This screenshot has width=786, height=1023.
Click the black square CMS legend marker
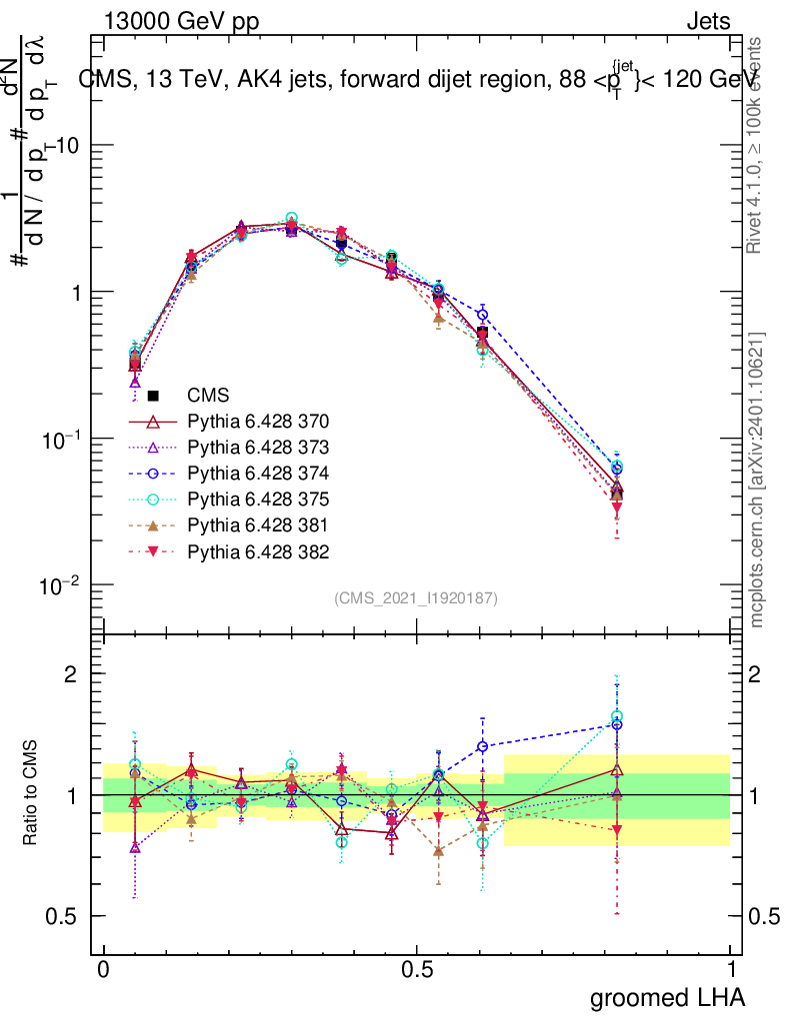(x=153, y=396)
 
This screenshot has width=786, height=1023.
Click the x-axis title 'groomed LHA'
(x=666, y=997)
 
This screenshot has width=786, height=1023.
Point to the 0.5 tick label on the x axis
(x=417, y=970)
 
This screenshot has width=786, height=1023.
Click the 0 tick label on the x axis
(x=104, y=970)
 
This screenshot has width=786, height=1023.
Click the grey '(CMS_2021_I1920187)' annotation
(x=416, y=597)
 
